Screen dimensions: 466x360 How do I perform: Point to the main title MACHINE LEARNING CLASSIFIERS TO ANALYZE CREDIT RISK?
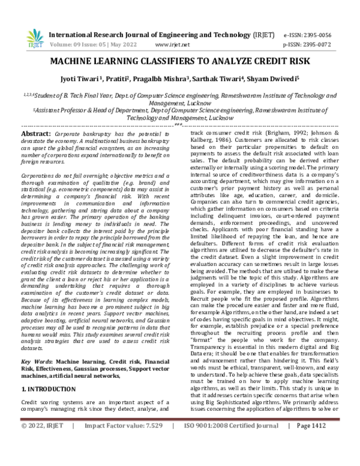click(180, 62)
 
